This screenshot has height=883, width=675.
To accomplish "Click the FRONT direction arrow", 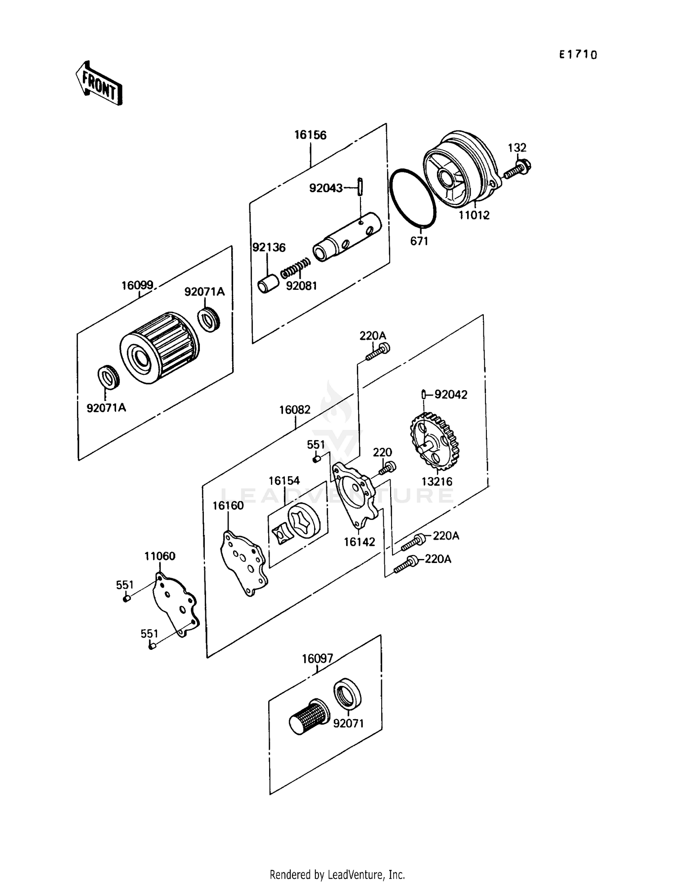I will pyautogui.click(x=99, y=84).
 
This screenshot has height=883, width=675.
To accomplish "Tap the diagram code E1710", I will pyautogui.click(x=578, y=55).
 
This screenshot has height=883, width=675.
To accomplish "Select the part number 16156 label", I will pyautogui.click(x=310, y=135).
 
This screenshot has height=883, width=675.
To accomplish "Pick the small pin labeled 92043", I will pyautogui.click(x=361, y=187).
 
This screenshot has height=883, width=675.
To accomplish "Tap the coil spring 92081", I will pyautogui.click(x=295, y=268).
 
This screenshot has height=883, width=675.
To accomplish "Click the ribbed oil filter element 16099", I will pyautogui.click(x=160, y=348).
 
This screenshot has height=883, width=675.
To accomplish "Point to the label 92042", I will pyautogui.click(x=450, y=395).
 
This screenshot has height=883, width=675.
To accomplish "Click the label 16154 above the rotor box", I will pyautogui.click(x=284, y=481).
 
